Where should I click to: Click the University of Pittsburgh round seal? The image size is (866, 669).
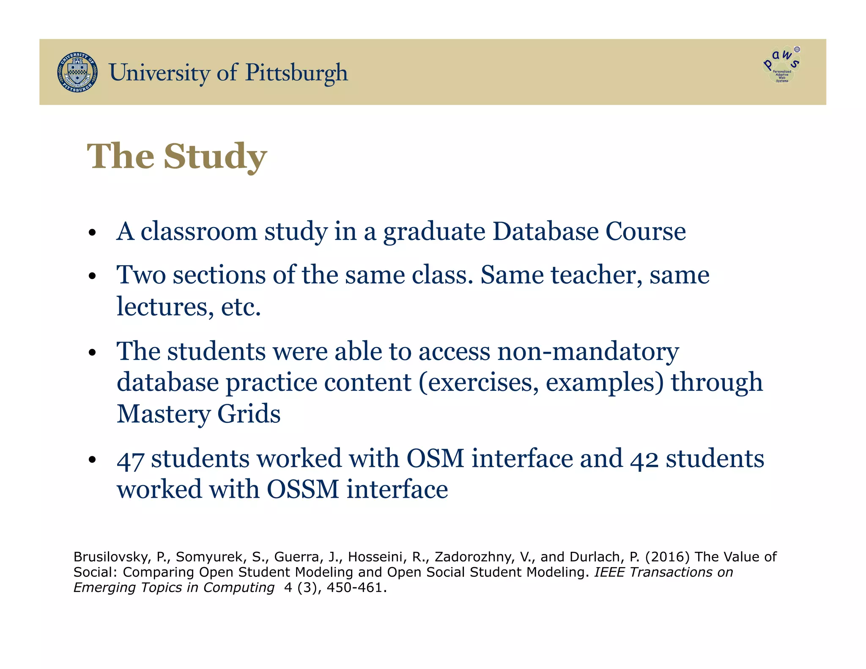tap(77, 72)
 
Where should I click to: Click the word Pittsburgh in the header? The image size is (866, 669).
tap(296, 73)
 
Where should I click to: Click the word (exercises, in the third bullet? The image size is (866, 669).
tap(479, 382)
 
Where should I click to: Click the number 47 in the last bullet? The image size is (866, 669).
tap(130, 459)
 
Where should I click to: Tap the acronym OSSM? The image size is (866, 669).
tap(303, 489)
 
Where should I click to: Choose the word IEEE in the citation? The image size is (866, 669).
tap(608, 572)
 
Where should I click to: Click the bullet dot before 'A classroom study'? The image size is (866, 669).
tap(93, 233)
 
